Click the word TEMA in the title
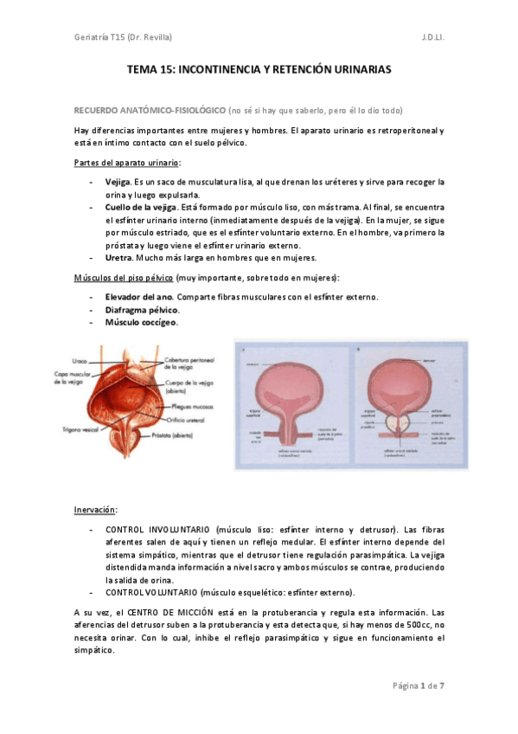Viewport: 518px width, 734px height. [142, 67]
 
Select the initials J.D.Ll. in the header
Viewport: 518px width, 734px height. [433, 36]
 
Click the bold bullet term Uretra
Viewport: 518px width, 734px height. [118, 258]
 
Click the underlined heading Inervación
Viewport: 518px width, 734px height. [96, 510]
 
